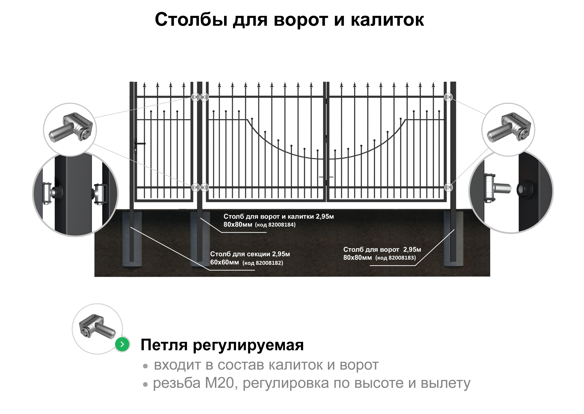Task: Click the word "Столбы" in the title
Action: [191, 20]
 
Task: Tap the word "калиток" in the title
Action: [387, 20]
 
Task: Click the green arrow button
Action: [122, 344]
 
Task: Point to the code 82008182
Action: [269, 263]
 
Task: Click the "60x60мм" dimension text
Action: [224, 262]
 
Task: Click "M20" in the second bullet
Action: [220, 383]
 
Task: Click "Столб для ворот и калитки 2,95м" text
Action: [278, 217]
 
